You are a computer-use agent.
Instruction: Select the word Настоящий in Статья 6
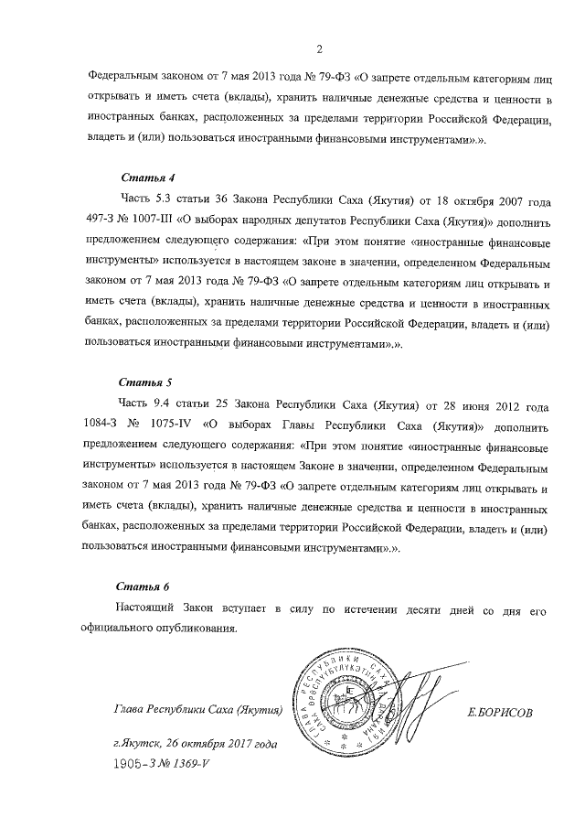click(x=149, y=608)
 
